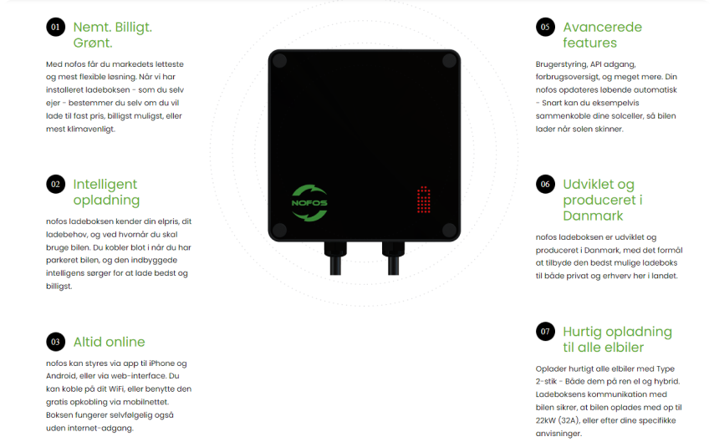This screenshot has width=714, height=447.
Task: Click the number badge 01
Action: point(55,27)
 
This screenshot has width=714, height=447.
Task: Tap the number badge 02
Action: point(55,184)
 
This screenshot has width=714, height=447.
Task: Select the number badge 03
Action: point(55,342)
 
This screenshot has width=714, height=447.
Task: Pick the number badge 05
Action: point(545,27)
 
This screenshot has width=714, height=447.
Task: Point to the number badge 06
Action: point(545,184)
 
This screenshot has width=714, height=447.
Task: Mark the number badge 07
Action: point(545,331)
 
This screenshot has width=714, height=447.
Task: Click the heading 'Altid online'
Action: point(110,342)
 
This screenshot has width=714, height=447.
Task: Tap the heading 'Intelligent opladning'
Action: point(106,192)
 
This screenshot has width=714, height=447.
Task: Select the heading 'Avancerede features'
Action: point(603,34)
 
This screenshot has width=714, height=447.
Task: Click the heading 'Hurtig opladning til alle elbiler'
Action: point(618,339)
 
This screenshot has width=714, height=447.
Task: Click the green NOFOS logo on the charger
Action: point(309,203)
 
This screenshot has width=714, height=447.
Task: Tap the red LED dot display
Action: point(424,200)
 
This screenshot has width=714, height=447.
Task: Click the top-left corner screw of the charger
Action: point(279,60)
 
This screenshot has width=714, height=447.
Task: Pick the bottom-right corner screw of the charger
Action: point(449,230)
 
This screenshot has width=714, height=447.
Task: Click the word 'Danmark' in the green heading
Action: point(593,216)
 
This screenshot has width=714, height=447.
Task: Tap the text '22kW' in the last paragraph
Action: point(545,420)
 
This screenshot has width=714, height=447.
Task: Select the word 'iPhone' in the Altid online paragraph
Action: point(161,363)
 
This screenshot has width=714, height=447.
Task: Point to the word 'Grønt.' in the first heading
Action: point(93,43)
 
